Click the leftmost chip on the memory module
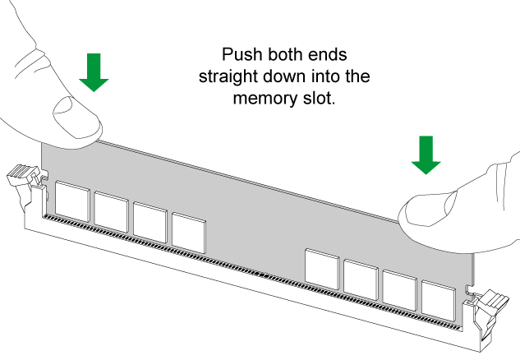(x=72, y=200)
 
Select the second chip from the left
(x=111, y=210)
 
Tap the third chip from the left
(x=150, y=221)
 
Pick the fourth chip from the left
(x=188, y=231)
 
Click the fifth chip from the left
(x=321, y=268)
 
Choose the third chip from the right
(x=361, y=279)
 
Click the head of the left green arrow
(x=94, y=82)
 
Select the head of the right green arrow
(x=426, y=165)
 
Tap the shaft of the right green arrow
(x=426, y=146)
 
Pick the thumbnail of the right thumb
(x=430, y=209)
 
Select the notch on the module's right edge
(x=469, y=288)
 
